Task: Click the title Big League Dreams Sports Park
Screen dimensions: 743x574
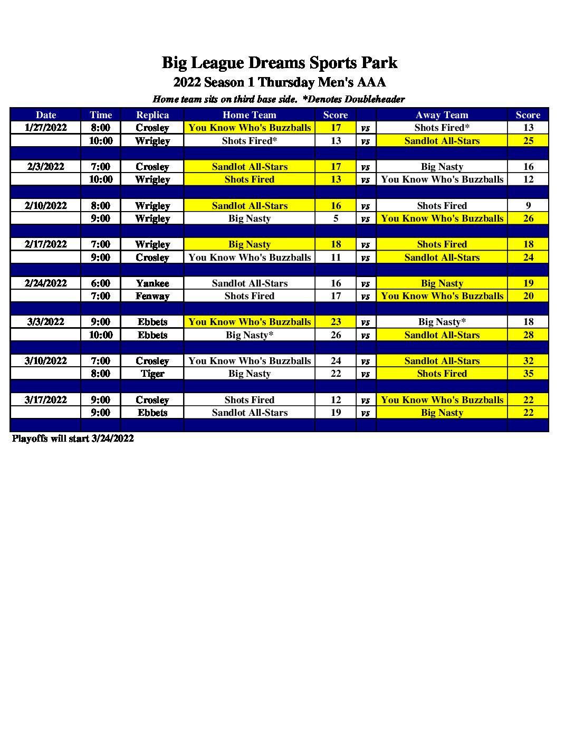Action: tap(279, 63)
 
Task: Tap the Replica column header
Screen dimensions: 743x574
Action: tap(152, 115)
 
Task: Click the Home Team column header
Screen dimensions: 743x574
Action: tap(249, 115)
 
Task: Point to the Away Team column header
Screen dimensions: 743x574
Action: tap(442, 115)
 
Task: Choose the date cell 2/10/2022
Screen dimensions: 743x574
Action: tap(46, 206)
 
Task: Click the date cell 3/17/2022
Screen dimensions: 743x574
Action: tap(46, 400)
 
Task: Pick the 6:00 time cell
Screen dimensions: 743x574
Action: tap(100, 283)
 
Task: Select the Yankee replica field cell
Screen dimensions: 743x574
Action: tap(152, 283)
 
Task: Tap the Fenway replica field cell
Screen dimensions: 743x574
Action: tap(152, 296)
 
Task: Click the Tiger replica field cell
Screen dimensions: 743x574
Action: tap(152, 374)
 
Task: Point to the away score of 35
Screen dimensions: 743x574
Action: tap(528, 374)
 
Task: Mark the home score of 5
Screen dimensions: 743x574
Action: tap(336, 218)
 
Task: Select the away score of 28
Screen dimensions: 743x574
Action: tap(528, 335)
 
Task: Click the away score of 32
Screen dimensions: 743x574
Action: tap(528, 361)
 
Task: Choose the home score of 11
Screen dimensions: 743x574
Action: tap(336, 258)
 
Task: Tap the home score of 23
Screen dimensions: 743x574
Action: tap(336, 322)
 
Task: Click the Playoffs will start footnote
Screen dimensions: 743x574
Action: tap(73, 439)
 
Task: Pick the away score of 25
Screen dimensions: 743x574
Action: tap(528, 141)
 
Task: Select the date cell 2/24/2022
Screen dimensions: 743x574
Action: tap(46, 283)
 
